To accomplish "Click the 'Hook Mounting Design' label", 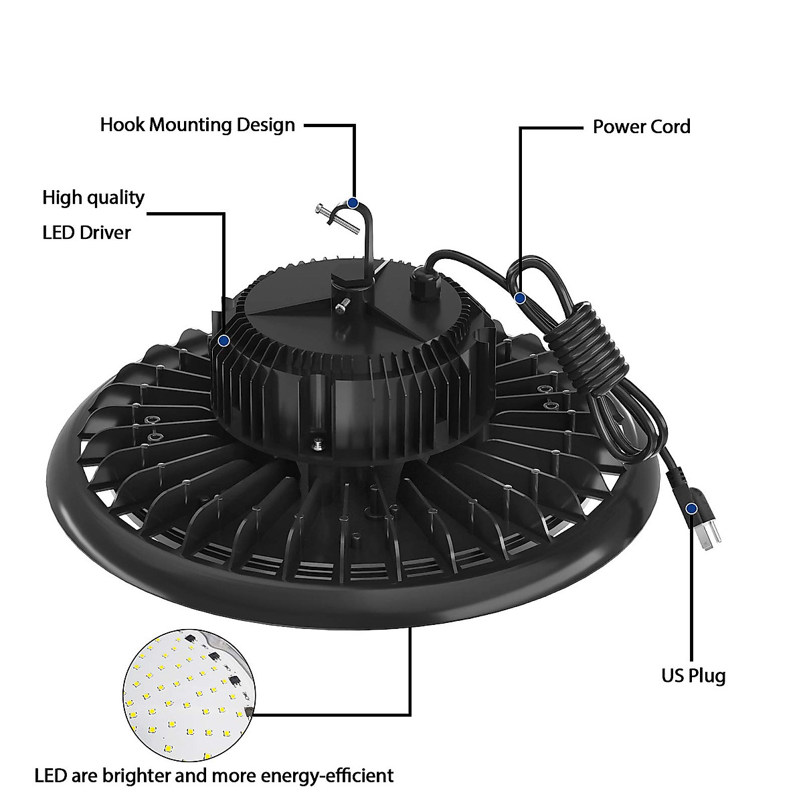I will pyautogui.click(x=197, y=125).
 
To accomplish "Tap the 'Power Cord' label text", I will pyautogui.click(x=641, y=126).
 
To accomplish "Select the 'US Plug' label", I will pyautogui.click(x=693, y=675).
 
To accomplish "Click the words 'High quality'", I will pyautogui.click(x=93, y=197).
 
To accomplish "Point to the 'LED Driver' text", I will pyautogui.click(x=86, y=232).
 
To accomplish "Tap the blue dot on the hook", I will pyautogui.click(x=353, y=201).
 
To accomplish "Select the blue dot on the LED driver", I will pyautogui.click(x=224, y=341).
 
